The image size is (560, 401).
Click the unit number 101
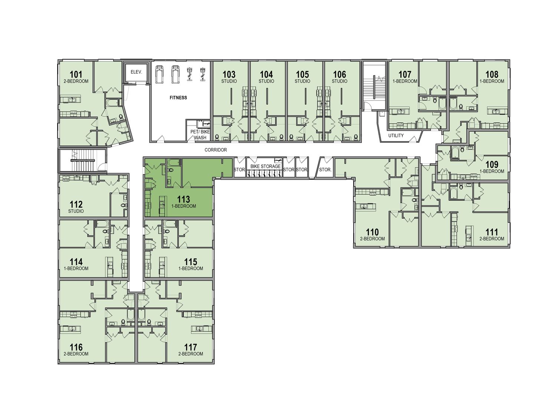point(76,74)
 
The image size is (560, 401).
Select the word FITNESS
point(178,98)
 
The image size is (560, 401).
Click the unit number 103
point(229,74)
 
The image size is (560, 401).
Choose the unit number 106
point(340,74)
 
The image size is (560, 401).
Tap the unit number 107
point(405,74)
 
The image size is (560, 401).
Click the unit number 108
point(492,74)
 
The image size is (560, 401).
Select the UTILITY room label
point(396,136)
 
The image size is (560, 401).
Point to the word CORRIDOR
point(216,150)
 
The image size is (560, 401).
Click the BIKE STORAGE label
point(265,166)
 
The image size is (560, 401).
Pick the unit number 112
point(76,205)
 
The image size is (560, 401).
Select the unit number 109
point(492,165)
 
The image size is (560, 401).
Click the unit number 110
point(372,232)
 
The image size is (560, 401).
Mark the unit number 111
point(492,232)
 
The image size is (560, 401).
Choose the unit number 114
point(76,262)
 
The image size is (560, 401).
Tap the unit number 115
point(190,262)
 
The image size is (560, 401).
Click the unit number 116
point(76,348)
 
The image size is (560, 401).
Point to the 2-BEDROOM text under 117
point(190,354)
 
